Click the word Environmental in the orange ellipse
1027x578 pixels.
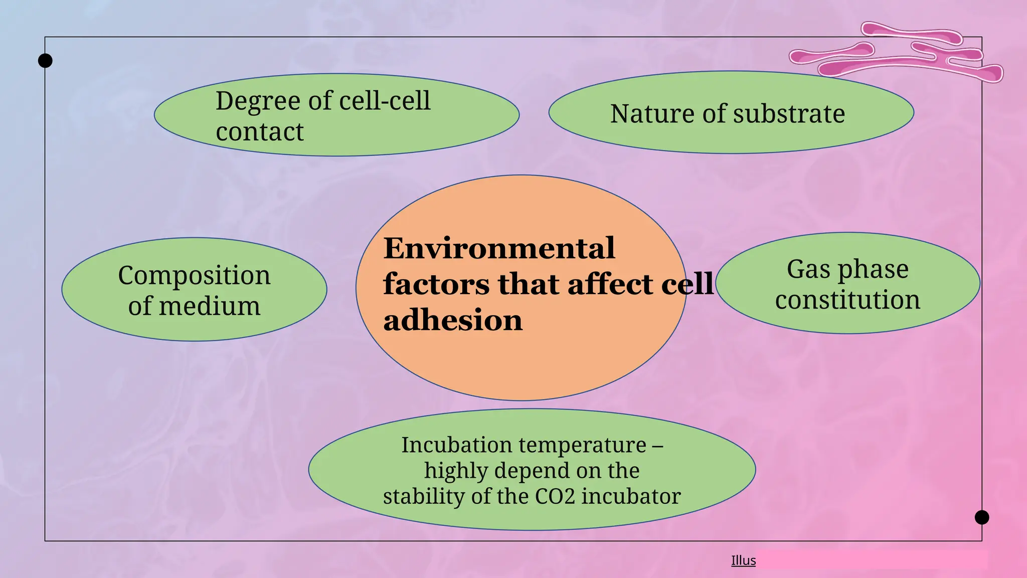(x=499, y=248)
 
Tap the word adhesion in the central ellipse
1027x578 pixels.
(x=453, y=320)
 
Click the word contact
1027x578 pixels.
(x=259, y=132)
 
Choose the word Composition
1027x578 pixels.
(x=194, y=275)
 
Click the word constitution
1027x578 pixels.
(x=847, y=300)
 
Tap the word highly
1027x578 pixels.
(x=456, y=471)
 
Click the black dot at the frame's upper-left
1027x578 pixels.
(x=45, y=61)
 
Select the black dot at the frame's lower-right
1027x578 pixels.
(x=982, y=517)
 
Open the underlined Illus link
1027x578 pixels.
(x=743, y=560)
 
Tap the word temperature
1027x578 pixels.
(x=582, y=445)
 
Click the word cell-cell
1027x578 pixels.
(x=385, y=101)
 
